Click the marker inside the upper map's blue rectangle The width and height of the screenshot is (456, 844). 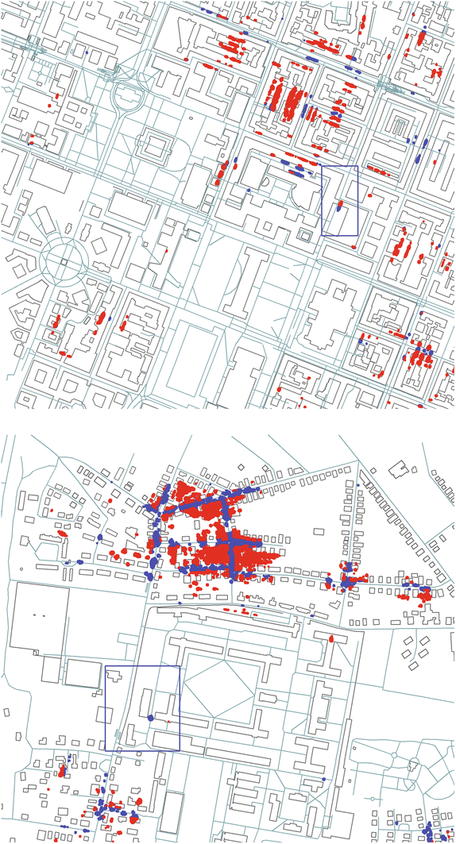point(339,207)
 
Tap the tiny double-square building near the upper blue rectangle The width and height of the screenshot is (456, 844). point(304,236)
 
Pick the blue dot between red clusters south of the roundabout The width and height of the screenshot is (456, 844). point(123,325)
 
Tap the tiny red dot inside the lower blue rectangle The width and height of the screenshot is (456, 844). point(168,722)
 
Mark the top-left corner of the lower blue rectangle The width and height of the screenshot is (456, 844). point(106,665)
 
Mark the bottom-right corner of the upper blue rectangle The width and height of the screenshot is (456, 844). point(357,235)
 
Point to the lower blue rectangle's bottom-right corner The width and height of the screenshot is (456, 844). point(180,750)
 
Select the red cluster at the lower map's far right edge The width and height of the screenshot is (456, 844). point(423,593)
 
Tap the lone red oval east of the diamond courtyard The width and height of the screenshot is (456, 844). point(332,638)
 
